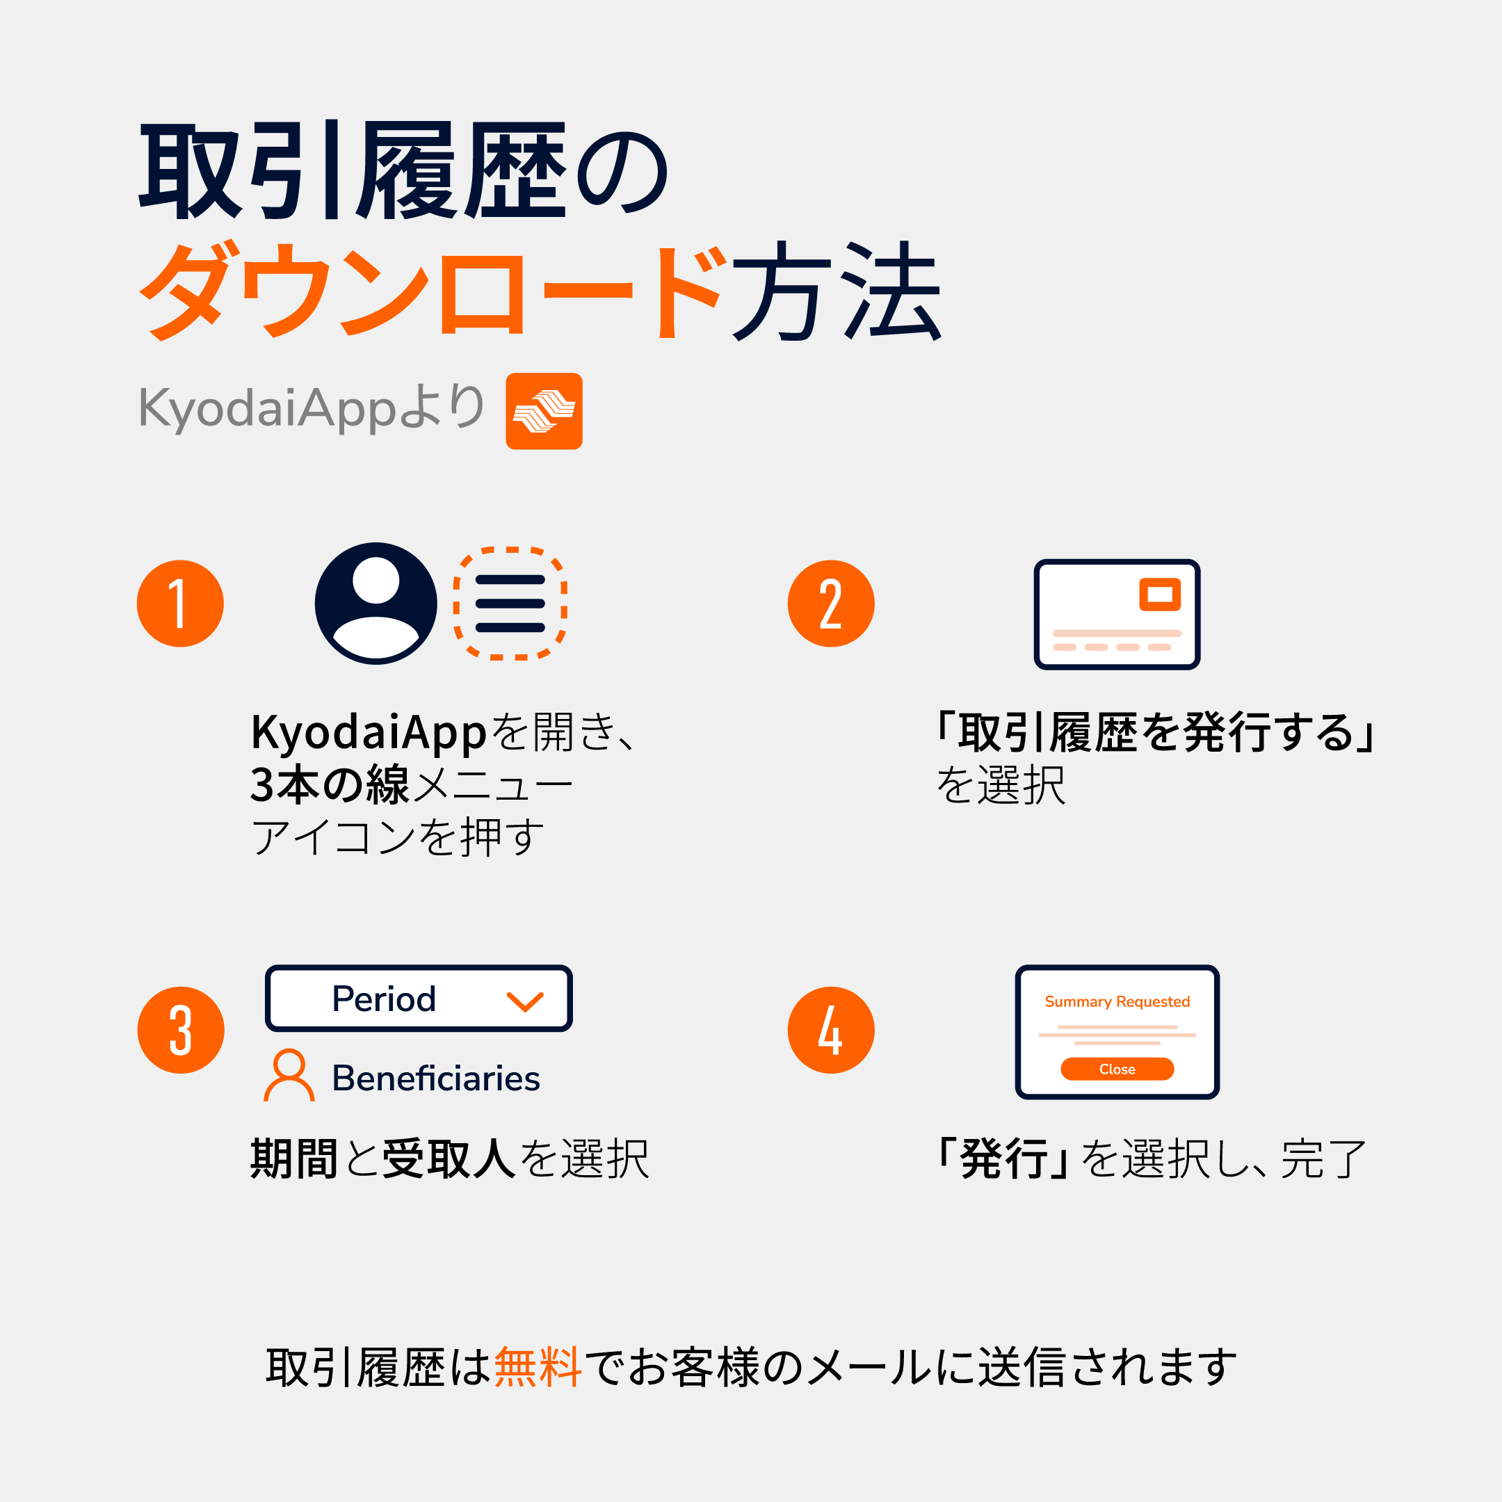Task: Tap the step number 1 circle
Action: (x=180, y=604)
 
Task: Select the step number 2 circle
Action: (x=831, y=604)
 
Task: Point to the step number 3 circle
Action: (x=180, y=1030)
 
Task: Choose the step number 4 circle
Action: (x=831, y=1030)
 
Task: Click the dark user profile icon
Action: (x=375, y=604)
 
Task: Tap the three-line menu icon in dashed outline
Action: (x=510, y=604)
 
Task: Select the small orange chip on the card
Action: (x=1159, y=594)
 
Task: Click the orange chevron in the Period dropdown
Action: (x=525, y=1001)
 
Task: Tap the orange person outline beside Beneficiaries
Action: (x=289, y=1075)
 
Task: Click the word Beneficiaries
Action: (x=435, y=1079)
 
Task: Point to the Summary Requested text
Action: (x=1117, y=1002)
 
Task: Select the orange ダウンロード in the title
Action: (x=433, y=291)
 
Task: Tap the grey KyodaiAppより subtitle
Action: (x=312, y=408)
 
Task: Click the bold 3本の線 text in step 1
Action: (x=330, y=784)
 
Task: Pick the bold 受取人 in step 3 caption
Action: (x=449, y=1159)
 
